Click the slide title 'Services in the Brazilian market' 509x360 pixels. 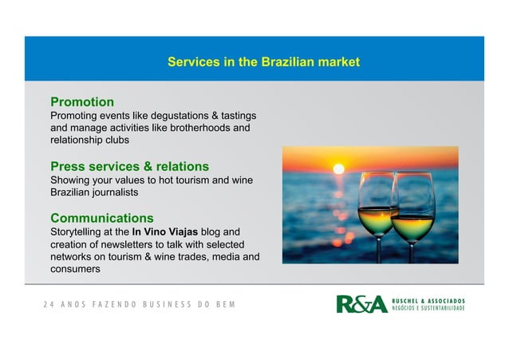click(263, 61)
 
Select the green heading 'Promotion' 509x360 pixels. click(82, 102)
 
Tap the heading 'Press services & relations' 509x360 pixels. click(129, 166)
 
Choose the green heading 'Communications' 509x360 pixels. click(102, 218)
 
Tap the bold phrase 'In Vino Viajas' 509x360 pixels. click(166, 231)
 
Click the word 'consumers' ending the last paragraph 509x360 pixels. click(75, 269)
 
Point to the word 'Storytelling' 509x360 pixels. click(78, 231)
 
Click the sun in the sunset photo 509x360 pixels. click(338, 168)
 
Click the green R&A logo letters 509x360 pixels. click(361, 304)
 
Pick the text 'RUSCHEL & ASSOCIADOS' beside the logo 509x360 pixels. click(428, 300)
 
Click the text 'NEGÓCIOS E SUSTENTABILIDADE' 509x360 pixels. click(428, 309)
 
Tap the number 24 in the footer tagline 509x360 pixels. click(48, 305)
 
